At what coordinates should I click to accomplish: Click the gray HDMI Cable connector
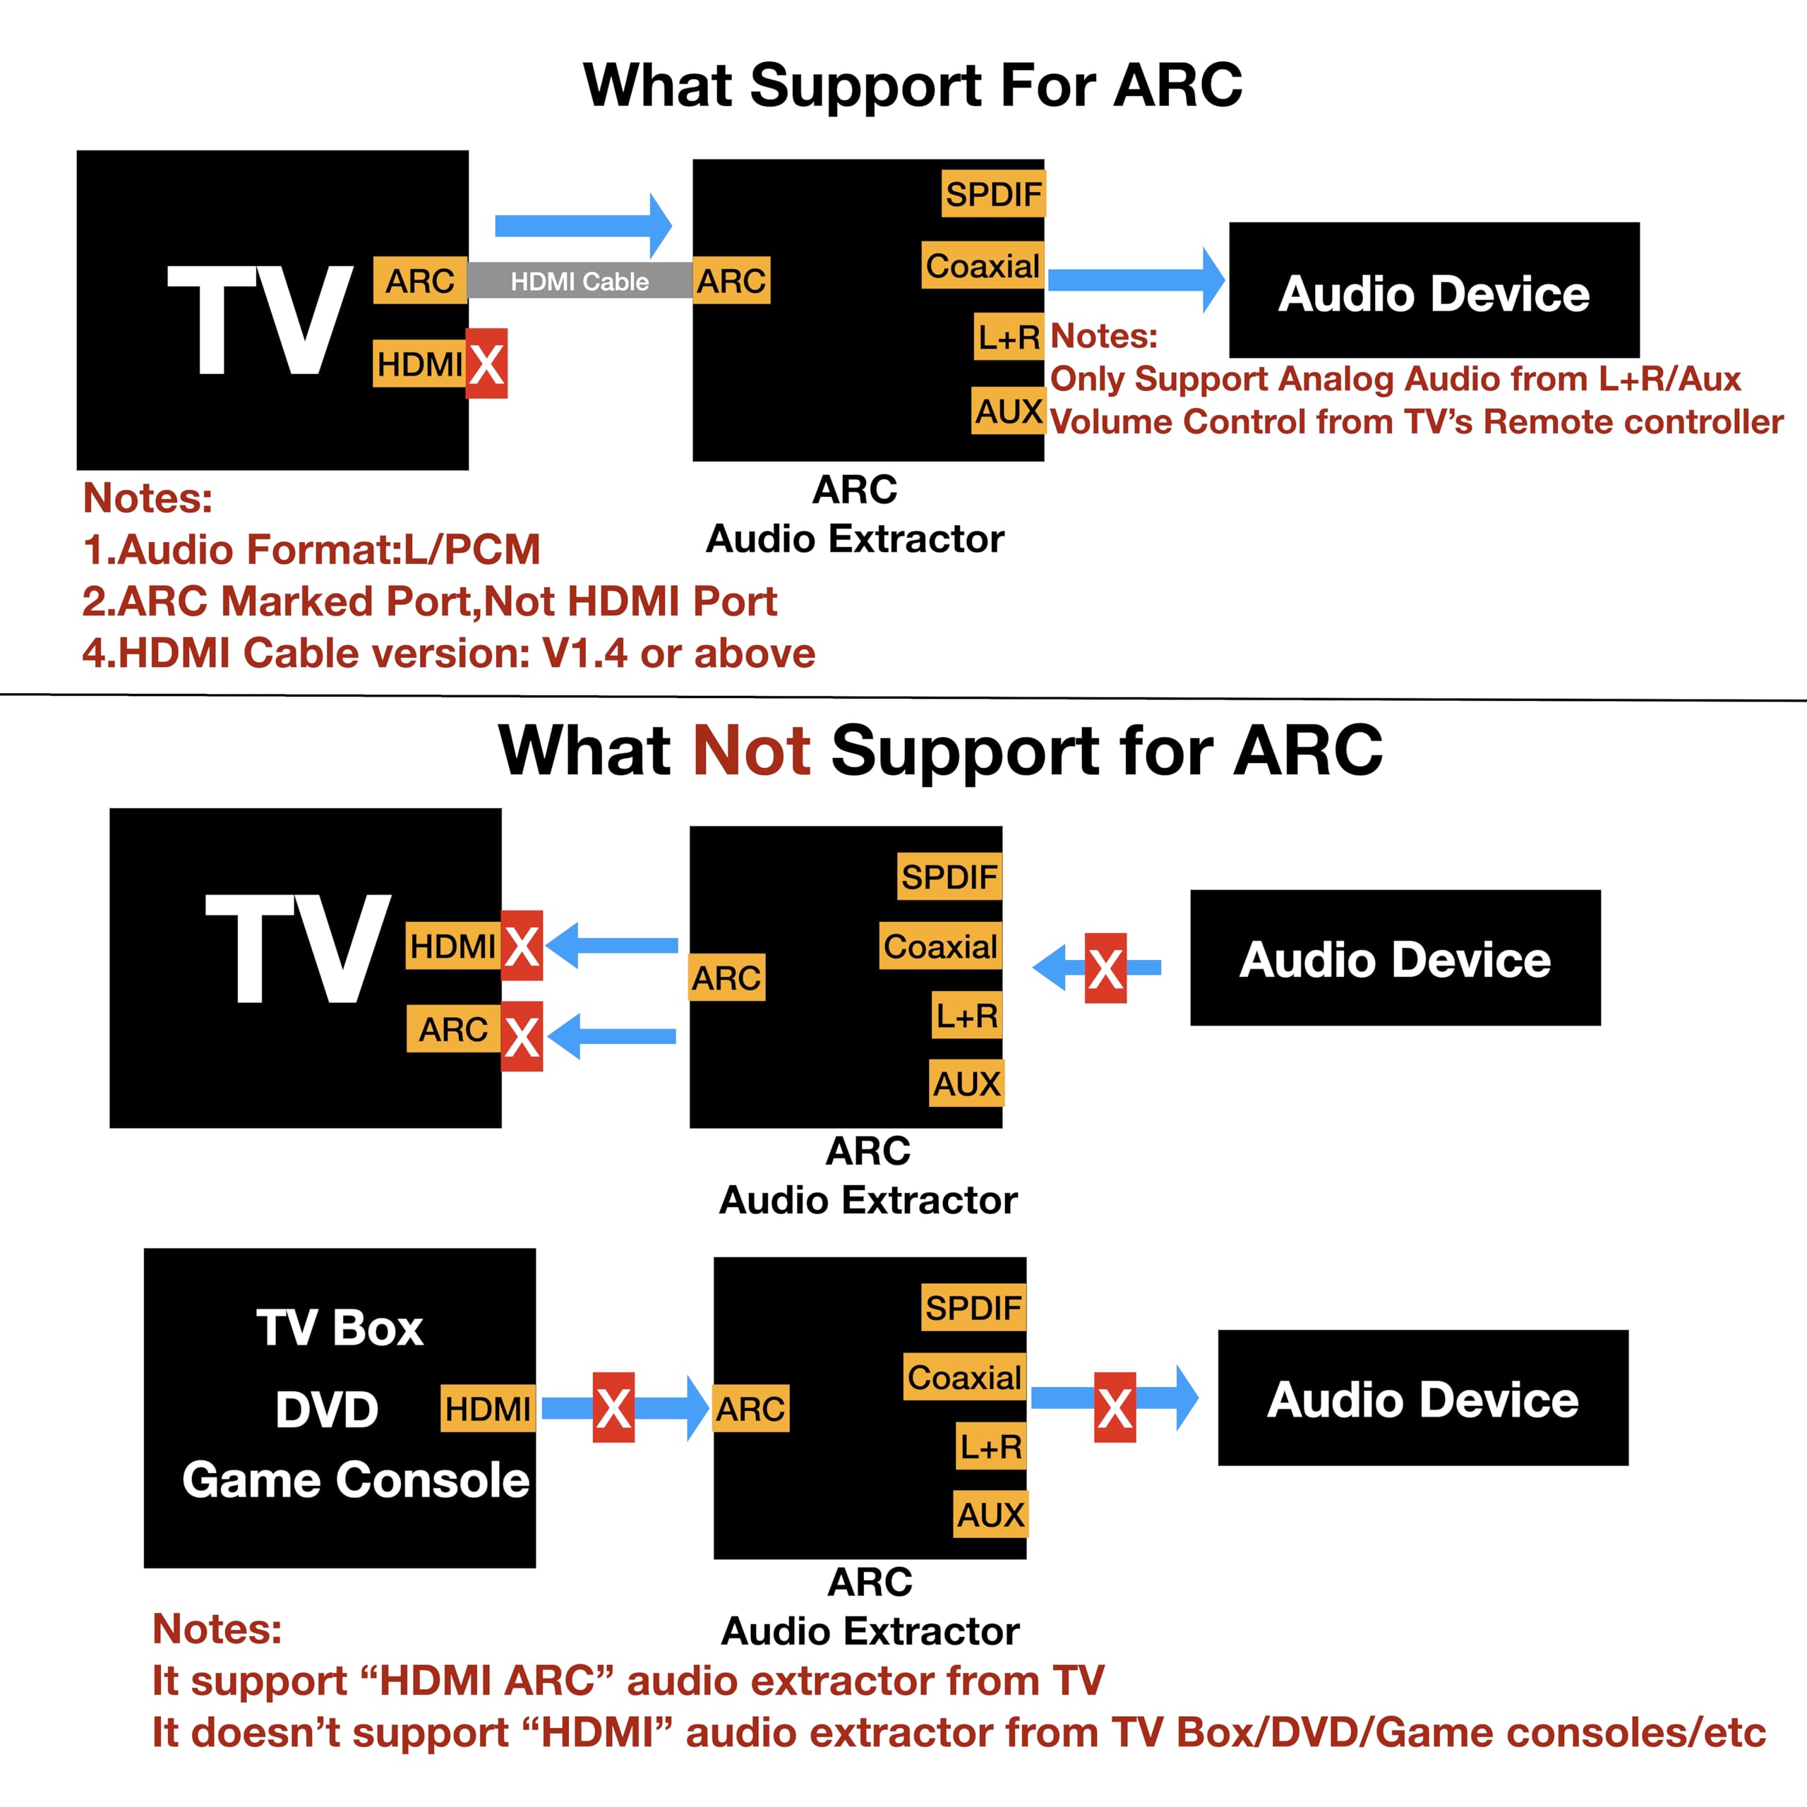[x=580, y=281]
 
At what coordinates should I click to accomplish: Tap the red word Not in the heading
[x=751, y=750]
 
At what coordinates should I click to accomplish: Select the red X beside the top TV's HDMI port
[x=486, y=364]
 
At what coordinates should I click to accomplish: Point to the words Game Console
[x=356, y=1481]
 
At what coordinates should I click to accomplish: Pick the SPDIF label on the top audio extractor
[x=993, y=193]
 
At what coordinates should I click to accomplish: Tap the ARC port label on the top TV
[x=420, y=281]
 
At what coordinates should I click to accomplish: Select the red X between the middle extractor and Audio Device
[x=1105, y=968]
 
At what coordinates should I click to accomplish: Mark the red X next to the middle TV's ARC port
[x=522, y=1036]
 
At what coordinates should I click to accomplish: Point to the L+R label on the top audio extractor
[x=1009, y=337]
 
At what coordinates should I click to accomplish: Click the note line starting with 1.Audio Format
[x=311, y=549]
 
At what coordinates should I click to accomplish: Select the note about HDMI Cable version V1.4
[x=449, y=653]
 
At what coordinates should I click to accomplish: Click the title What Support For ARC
[x=913, y=85]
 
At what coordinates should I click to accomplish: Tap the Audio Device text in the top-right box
[x=1434, y=294]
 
